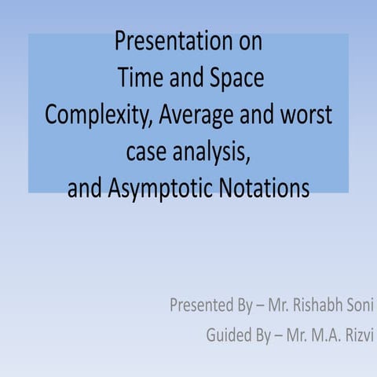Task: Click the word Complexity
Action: tap(98, 115)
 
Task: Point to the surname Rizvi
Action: tap(358, 336)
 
